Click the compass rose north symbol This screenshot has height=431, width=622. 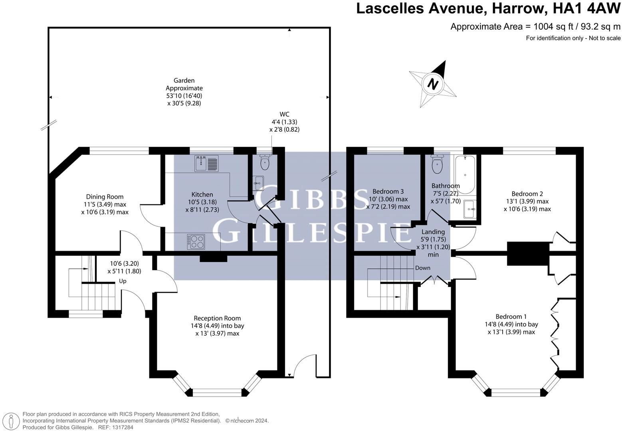[x=433, y=84]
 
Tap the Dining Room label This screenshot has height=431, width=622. [x=105, y=197]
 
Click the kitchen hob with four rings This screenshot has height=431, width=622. [x=196, y=241]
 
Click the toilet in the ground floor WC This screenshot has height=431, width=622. [x=265, y=162]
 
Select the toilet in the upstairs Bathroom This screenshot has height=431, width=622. [x=438, y=165]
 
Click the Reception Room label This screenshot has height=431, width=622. [x=217, y=318]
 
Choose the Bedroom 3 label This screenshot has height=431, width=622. [x=388, y=191]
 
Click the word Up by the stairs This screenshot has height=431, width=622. [x=123, y=281]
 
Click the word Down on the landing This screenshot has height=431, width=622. [x=422, y=268]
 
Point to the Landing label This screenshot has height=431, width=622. [x=433, y=232]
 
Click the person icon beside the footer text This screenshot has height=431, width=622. [x=12, y=421]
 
